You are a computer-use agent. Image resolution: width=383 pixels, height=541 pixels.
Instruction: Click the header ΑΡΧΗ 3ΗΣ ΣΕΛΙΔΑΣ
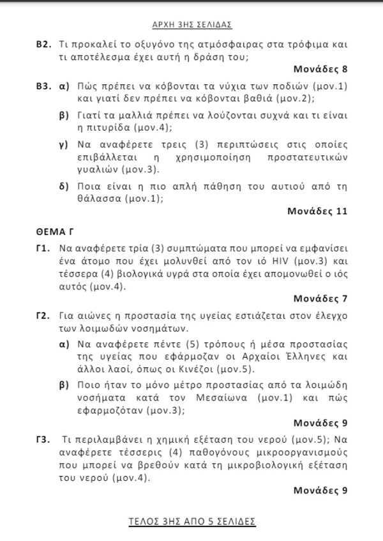click(x=191, y=25)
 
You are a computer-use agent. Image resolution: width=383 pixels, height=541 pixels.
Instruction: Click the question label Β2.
click(x=43, y=45)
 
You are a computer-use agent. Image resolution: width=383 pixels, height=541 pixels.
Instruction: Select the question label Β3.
click(x=43, y=86)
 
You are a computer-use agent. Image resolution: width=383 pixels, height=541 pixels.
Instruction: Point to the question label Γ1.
click(x=43, y=248)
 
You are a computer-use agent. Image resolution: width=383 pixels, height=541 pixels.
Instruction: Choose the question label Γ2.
click(x=43, y=316)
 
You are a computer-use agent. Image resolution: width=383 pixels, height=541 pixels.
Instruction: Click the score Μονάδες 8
click(x=320, y=69)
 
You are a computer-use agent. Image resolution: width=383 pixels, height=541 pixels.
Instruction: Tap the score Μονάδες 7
click(x=320, y=298)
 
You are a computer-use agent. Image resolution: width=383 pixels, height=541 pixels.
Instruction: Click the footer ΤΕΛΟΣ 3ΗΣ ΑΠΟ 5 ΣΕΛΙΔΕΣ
click(x=191, y=522)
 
